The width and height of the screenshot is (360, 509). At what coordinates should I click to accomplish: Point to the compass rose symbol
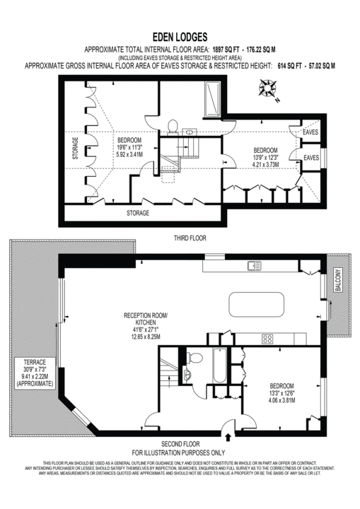point(267,90)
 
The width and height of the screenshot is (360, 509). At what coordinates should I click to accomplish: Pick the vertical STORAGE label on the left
point(75,149)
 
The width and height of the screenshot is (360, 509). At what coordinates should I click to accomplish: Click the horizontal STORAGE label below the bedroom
point(138,212)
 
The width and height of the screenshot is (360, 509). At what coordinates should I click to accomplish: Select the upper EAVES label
point(310,132)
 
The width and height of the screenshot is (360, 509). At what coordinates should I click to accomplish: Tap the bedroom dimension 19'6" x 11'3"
point(133,147)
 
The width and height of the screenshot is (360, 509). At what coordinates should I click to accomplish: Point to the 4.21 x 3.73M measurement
point(266,164)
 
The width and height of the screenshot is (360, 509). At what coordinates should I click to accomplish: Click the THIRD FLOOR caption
point(190,239)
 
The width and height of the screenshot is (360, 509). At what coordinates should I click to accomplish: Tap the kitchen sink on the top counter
point(252,267)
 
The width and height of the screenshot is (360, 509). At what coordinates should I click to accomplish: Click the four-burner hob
point(269,339)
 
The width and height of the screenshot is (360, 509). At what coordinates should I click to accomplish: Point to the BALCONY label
point(338,279)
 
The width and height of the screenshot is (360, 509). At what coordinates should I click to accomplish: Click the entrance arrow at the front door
point(226,426)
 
